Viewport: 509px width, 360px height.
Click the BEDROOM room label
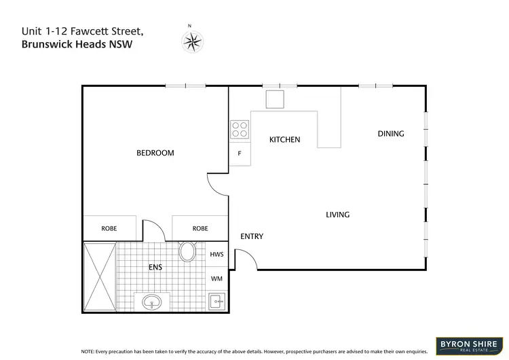[155, 153]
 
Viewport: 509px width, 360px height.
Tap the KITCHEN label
[284, 139]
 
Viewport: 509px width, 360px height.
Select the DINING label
[390, 134]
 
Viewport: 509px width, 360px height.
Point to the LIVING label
[337, 215]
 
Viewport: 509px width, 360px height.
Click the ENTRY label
[252, 236]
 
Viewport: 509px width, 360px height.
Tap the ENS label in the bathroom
[155, 268]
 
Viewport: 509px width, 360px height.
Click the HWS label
[217, 254]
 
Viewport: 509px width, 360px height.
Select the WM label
[217, 278]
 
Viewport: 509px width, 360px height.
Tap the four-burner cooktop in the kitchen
[239, 129]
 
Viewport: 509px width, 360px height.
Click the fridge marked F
[239, 154]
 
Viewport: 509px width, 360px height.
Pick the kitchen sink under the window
[275, 99]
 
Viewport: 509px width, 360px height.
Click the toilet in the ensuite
[187, 252]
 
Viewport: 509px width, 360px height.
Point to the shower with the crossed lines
[100, 276]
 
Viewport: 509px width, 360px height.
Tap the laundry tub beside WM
[218, 300]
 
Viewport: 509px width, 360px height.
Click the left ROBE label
[109, 229]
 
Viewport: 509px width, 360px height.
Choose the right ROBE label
[200, 229]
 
